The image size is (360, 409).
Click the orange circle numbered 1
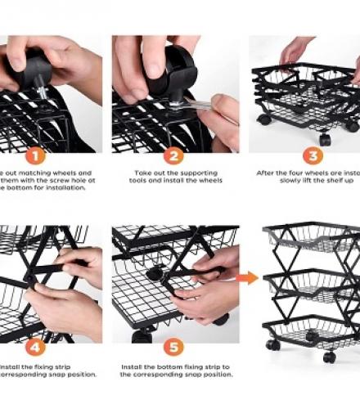coord(35,155)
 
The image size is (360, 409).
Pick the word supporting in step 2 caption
coord(192,174)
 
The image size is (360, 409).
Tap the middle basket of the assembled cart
coord(311,286)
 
